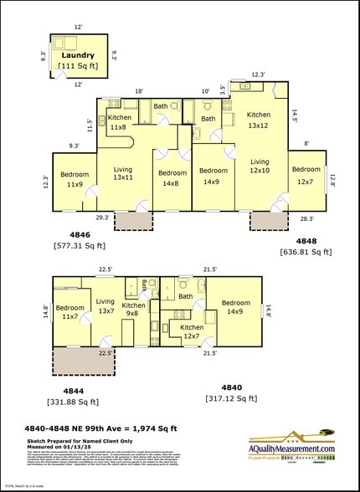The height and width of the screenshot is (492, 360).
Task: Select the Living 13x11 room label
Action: [x=122, y=173]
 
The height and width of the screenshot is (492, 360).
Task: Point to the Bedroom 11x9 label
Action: [x=74, y=179]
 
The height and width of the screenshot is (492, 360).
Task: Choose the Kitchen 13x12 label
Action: [x=258, y=120]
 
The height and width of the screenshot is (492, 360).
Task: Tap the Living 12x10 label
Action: [x=260, y=167]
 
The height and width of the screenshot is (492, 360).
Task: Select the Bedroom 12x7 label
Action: [x=306, y=175]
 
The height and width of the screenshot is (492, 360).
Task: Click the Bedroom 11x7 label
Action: [x=70, y=312]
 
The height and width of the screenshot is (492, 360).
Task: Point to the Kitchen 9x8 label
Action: [x=134, y=310]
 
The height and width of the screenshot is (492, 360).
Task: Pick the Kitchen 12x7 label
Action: [x=192, y=332]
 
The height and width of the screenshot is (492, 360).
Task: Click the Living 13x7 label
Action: [x=105, y=306]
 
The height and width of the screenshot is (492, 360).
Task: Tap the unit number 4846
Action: [x=80, y=236]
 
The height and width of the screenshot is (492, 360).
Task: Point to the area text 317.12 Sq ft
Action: [x=231, y=399]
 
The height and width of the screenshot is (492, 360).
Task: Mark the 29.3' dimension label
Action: [x=102, y=218]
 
